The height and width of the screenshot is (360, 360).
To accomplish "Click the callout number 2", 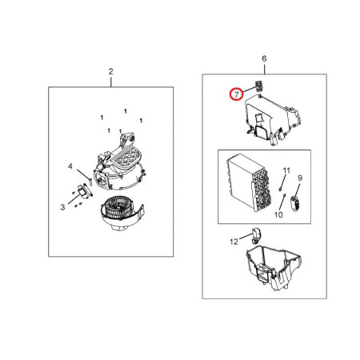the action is (110, 71).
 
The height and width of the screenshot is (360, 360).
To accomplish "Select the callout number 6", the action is (264, 58).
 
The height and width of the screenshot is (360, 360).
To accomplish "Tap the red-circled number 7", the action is (237, 94).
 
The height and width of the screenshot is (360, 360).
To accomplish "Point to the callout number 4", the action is (70, 166).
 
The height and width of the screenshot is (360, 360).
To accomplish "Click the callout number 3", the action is (62, 207).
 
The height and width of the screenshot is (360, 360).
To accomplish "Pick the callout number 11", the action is (286, 170).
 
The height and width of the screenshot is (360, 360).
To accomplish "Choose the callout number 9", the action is (300, 178).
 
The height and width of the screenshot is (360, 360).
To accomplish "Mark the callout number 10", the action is (278, 214).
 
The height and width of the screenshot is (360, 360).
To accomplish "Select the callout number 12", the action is (234, 242).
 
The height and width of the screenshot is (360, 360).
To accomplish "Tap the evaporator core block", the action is (249, 182).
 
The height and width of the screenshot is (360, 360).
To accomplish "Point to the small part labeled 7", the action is (258, 86).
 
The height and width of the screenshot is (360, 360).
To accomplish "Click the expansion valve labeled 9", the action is (295, 203).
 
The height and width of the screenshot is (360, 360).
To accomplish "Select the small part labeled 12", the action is (256, 235).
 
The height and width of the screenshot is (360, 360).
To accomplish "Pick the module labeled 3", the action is (85, 190).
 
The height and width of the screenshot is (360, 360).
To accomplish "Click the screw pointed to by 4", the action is (90, 181).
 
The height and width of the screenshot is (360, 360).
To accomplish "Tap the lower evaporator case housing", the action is (274, 267).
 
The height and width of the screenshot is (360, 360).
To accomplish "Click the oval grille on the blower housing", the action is (126, 158).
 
